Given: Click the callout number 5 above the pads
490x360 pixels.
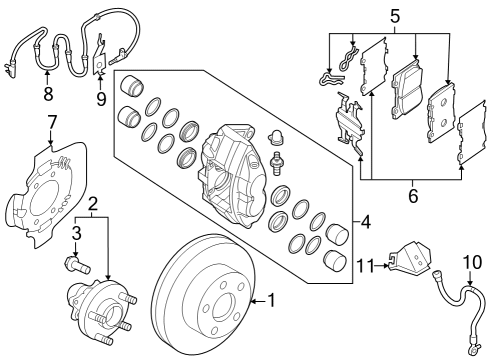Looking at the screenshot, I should pos(393,16).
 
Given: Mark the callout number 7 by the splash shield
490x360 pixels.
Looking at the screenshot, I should pos(52,123).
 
